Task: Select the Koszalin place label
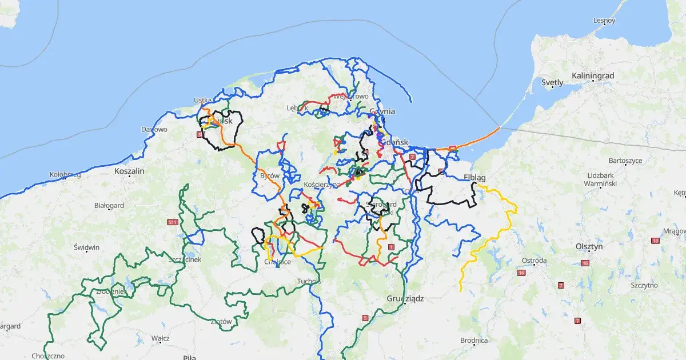[130, 170]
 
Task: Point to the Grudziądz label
[404, 298]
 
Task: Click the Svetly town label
[552, 82]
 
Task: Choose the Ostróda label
[535, 261]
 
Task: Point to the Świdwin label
[87, 247]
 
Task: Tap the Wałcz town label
[160, 338]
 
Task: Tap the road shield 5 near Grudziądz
[365, 318]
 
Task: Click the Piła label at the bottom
[189, 357]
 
